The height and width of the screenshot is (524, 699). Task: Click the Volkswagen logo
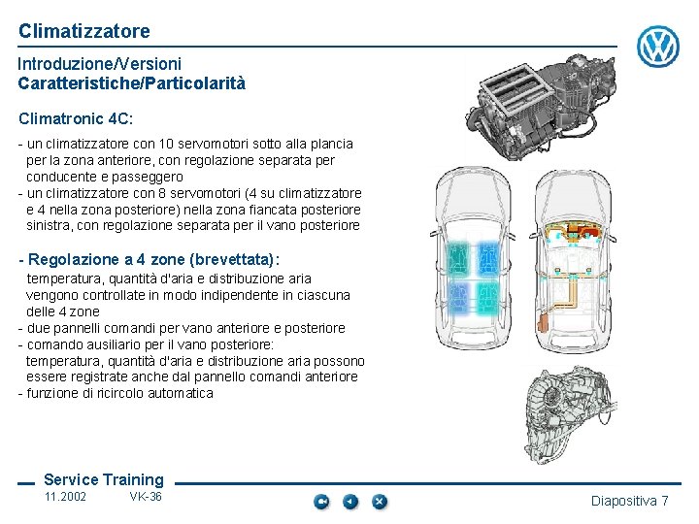(x=658, y=47)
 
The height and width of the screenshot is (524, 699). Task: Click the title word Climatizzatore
(x=84, y=31)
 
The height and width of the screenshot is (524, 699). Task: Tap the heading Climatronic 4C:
(x=76, y=118)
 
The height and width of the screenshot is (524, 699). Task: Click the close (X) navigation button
(x=380, y=502)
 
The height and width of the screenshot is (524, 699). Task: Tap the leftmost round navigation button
(x=321, y=502)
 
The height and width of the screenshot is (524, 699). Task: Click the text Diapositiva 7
(x=629, y=501)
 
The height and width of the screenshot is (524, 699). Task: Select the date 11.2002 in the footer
(x=65, y=497)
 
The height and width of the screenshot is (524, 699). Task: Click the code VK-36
(x=146, y=497)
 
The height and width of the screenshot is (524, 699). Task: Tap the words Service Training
(x=104, y=479)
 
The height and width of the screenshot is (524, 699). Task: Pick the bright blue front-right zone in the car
(x=488, y=258)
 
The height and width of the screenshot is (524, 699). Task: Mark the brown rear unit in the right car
(x=543, y=322)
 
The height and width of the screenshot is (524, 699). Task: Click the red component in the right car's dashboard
(x=579, y=230)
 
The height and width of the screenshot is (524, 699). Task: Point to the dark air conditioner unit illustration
(x=541, y=107)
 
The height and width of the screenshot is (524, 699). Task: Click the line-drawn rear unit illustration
(x=571, y=415)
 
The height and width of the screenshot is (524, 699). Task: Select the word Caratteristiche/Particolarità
(x=132, y=83)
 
